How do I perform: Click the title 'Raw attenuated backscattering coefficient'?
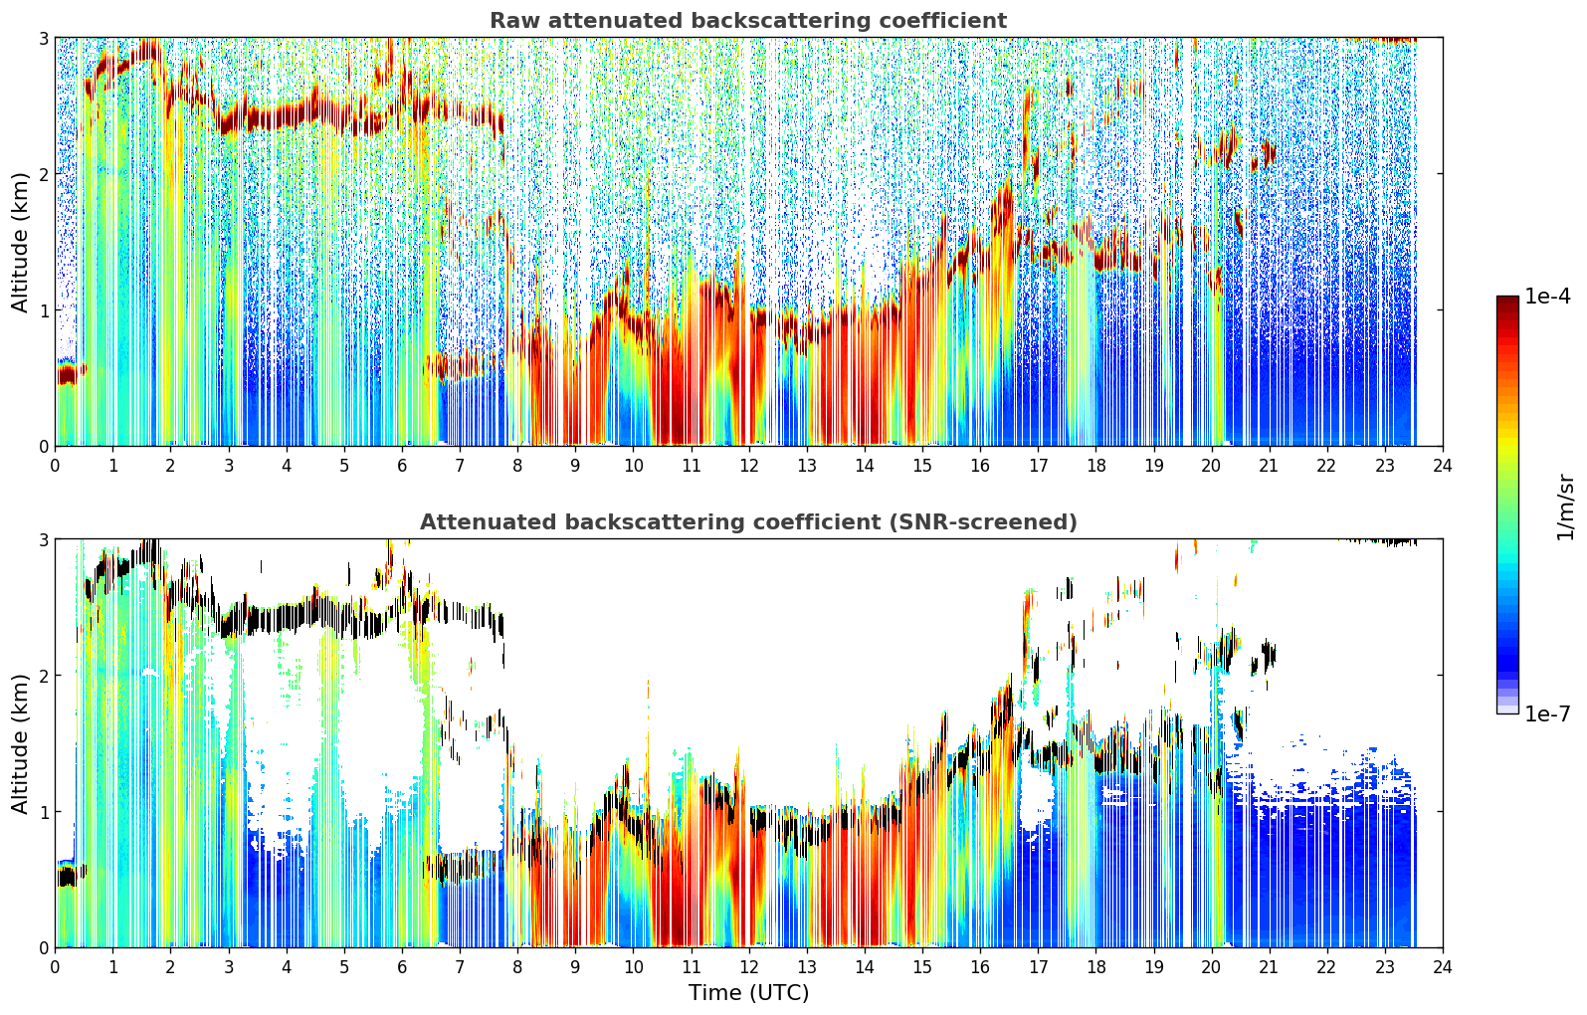pos(748,21)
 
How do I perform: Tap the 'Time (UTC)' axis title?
pos(748,992)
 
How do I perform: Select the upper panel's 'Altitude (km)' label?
pos(20,243)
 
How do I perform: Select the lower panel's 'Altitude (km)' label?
pos(20,743)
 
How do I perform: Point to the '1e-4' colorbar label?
pos(1547,297)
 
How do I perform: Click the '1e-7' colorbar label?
pos(1547,713)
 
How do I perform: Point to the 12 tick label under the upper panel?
pos(749,466)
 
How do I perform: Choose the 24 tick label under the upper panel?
pos(1443,466)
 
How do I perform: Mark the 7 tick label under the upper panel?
pos(460,466)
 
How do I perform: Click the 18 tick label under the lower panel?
pos(1096,967)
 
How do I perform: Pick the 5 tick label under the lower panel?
pos(344,967)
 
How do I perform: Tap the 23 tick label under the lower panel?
pos(1385,967)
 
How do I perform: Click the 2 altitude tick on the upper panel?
pos(43,174)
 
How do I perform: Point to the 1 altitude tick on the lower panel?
pos(43,811)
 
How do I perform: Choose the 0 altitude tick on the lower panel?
pos(43,947)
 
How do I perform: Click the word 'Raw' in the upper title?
pos(515,21)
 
